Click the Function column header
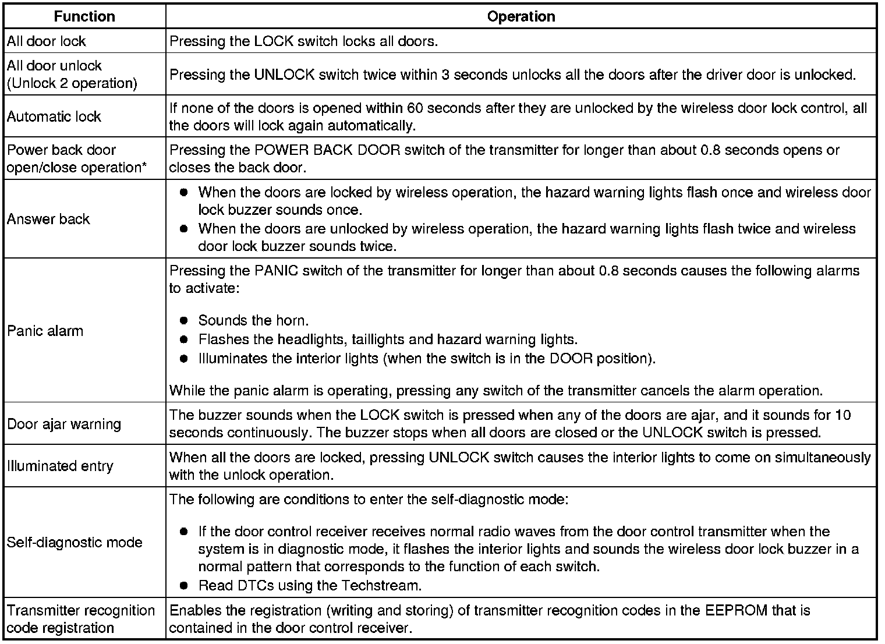84,17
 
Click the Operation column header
521,17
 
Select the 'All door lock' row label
46,41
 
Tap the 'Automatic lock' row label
54,116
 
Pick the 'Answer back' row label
48,219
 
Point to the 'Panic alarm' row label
45,331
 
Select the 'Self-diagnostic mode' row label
74,542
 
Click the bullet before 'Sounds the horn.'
184,320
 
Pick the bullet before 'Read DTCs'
184,585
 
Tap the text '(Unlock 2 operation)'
72,83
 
